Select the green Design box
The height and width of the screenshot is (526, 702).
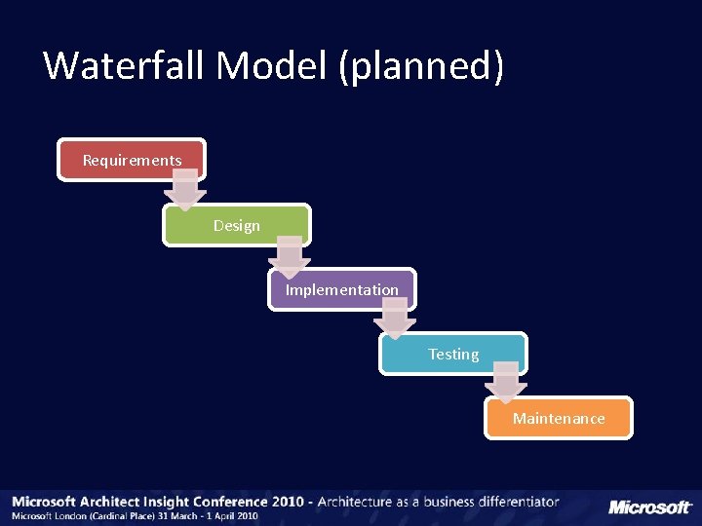[237, 226]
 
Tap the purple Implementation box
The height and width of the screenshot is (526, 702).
[341, 290]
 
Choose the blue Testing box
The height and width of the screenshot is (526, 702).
[453, 355]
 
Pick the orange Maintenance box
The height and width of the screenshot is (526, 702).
[559, 419]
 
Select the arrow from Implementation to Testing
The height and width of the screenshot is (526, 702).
[395, 319]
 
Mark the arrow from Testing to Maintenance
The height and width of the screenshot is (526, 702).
[505, 383]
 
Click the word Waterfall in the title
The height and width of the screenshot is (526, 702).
[125, 66]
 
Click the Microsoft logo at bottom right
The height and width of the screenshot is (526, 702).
[650, 507]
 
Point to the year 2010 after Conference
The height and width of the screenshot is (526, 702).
[287, 503]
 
